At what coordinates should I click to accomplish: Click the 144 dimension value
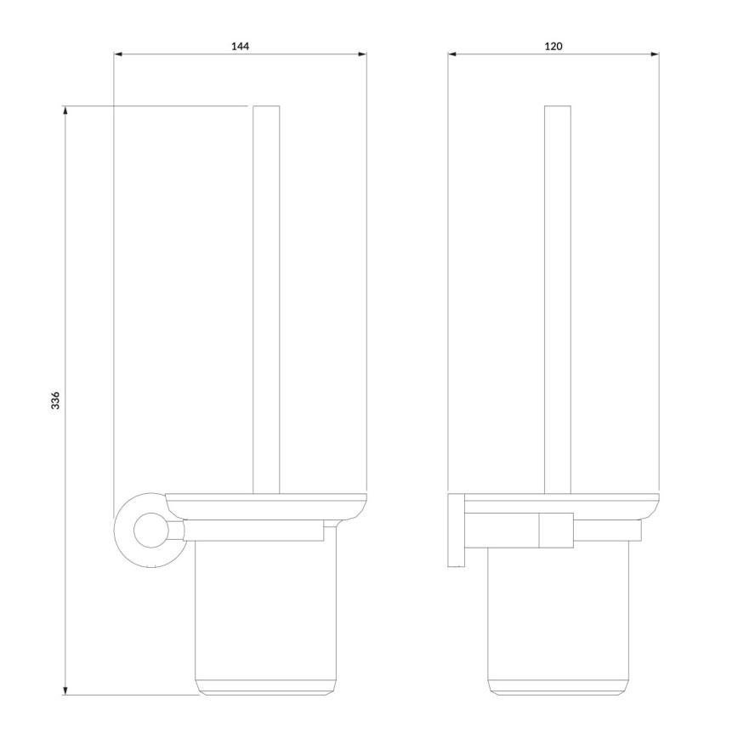click(240, 44)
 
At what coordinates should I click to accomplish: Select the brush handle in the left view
click(266, 298)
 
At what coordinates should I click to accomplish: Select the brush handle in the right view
click(557, 298)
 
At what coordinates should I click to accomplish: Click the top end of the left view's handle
click(266, 108)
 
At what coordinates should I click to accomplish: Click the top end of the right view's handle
click(557, 108)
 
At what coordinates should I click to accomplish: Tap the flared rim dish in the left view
click(266, 505)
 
